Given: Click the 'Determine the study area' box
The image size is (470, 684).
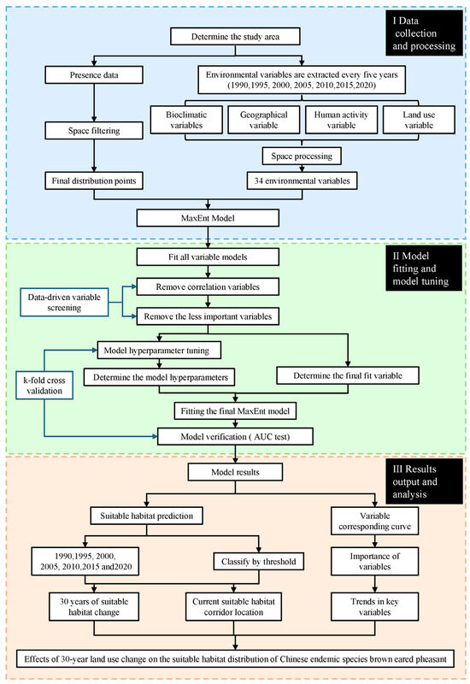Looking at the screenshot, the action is point(235,37).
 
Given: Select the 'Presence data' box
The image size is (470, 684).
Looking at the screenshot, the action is point(94,75).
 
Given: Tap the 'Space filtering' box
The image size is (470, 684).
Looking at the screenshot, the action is point(94,131).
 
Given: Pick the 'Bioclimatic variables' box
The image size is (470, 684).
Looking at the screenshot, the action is point(186,120).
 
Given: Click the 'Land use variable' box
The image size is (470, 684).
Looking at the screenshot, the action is point(419,120).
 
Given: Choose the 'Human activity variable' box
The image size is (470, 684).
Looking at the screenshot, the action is point(341,120).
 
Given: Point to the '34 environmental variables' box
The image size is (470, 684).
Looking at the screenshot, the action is point(303,180).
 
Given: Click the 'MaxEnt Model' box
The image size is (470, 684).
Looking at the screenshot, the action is point(208,218).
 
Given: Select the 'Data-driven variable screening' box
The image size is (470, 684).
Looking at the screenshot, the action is point(64,303).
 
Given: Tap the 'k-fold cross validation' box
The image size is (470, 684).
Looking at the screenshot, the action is point(44,386).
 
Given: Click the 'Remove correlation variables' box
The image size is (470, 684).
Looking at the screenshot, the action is point(208,287).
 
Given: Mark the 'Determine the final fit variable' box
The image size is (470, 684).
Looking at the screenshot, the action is point(348,375).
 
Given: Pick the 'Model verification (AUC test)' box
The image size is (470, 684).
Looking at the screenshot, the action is point(236,437).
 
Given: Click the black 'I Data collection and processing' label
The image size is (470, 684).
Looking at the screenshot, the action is point(424,33).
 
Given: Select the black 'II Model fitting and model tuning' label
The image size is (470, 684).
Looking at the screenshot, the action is point(424,268).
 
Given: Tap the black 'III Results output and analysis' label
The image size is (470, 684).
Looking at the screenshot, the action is point(424,481).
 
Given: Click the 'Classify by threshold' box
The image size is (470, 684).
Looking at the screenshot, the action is point(259,562).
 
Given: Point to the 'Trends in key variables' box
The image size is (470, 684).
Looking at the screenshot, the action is point(375,607).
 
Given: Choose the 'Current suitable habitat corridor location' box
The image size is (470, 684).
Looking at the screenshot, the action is point(233,607).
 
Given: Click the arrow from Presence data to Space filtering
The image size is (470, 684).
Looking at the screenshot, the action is point(94,103).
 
